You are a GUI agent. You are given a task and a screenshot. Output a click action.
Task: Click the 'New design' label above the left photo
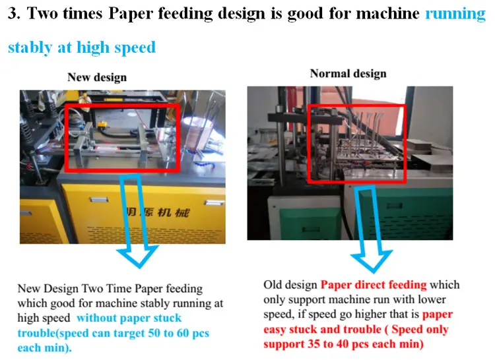coord(96,77)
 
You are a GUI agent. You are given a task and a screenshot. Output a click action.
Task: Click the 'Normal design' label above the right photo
coord(348,73)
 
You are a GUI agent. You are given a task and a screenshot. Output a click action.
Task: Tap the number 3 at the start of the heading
coord(13,14)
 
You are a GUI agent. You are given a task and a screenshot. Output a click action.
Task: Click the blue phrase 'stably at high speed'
coord(81,47)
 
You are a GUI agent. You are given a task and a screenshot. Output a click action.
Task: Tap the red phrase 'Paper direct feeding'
coord(374,285)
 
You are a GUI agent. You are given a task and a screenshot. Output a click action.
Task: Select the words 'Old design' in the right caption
coord(290,285)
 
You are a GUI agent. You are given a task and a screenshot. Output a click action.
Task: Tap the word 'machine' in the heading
coord(390,14)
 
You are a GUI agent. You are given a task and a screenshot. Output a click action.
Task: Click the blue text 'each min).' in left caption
coord(43,347)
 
